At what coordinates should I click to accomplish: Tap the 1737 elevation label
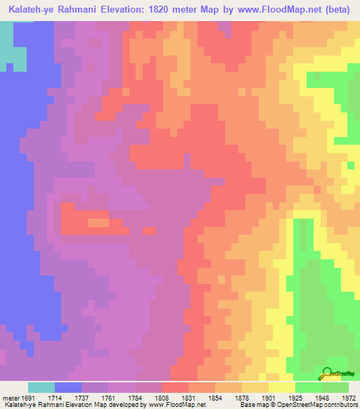[89, 397]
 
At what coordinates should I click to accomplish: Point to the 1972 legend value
[349, 397]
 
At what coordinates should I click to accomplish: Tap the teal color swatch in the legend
[41, 387]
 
